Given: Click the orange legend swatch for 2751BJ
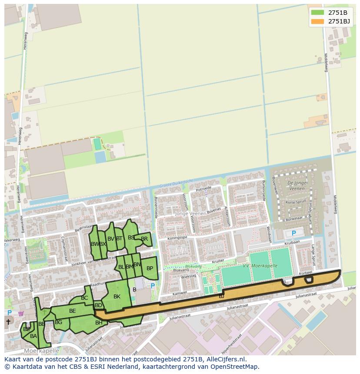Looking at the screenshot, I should point(317,21).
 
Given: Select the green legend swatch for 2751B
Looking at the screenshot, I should point(317,12).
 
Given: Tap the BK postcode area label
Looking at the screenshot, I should point(117,297).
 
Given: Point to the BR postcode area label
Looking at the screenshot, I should point(144,239).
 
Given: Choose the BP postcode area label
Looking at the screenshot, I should point(150,268).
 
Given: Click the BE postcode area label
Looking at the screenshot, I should point(73,311).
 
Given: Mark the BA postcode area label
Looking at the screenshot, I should point(33,336).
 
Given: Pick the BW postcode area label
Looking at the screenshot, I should point(94,244).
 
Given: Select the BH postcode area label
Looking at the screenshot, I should point(99,323).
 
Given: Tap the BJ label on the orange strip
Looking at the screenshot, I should point(221,296).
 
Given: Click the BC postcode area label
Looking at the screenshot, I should point(84,298).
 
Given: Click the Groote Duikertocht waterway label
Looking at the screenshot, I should point(176,183).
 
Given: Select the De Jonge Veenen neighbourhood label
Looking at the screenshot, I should point(297,186).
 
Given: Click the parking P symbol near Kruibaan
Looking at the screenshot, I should point(293,233).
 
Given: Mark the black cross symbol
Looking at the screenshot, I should point(8,322).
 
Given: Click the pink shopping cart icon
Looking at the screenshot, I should point(20,313).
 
